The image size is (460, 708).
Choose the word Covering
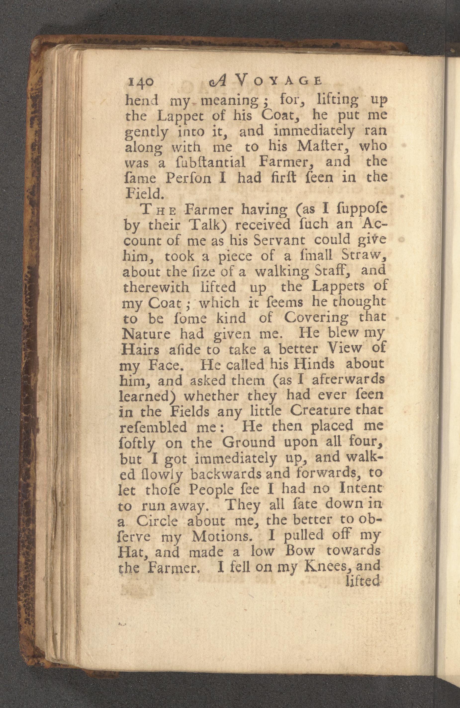click(316, 318)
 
